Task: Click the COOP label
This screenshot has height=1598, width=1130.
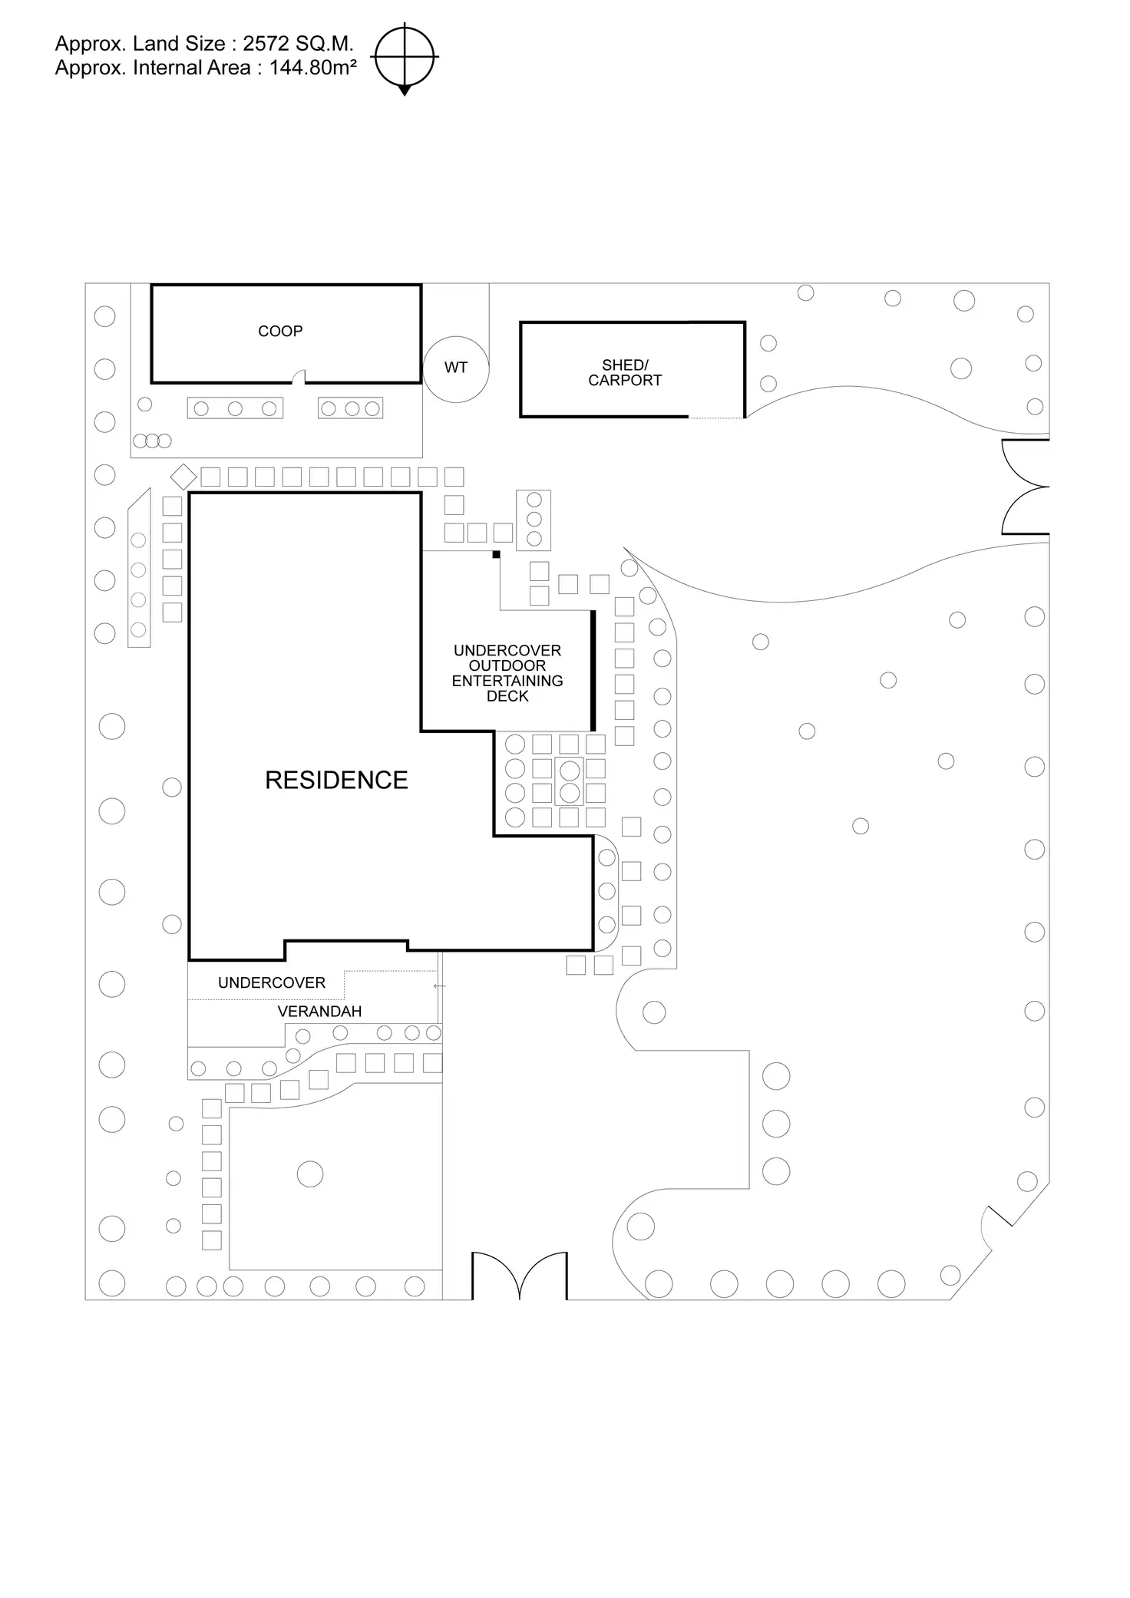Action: (x=280, y=332)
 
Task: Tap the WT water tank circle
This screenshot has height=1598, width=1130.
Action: (x=455, y=368)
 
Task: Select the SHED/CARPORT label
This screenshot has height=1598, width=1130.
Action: (x=625, y=373)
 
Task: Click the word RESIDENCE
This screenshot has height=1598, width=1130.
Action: (x=336, y=781)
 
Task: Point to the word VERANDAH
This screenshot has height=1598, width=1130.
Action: (x=319, y=1012)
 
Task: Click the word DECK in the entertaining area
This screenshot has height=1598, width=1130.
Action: (x=507, y=696)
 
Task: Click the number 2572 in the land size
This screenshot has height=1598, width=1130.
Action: (x=266, y=44)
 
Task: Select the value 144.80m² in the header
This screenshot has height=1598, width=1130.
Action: (x=312, y=68)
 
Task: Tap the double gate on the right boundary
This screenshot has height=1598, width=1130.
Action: (x=1026, y=487)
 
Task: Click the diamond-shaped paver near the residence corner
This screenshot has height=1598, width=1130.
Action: (x=183, y=477)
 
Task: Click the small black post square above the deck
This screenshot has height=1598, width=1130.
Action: (x=496, y=554)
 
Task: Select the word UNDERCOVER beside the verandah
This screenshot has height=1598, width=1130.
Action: (x=272, y=983)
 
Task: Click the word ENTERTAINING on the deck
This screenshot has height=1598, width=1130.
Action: (x=507, y=681)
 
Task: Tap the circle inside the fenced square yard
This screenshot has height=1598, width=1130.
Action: (x=310, y=1174)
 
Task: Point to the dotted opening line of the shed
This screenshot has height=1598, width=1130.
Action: (x=715, y=418)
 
